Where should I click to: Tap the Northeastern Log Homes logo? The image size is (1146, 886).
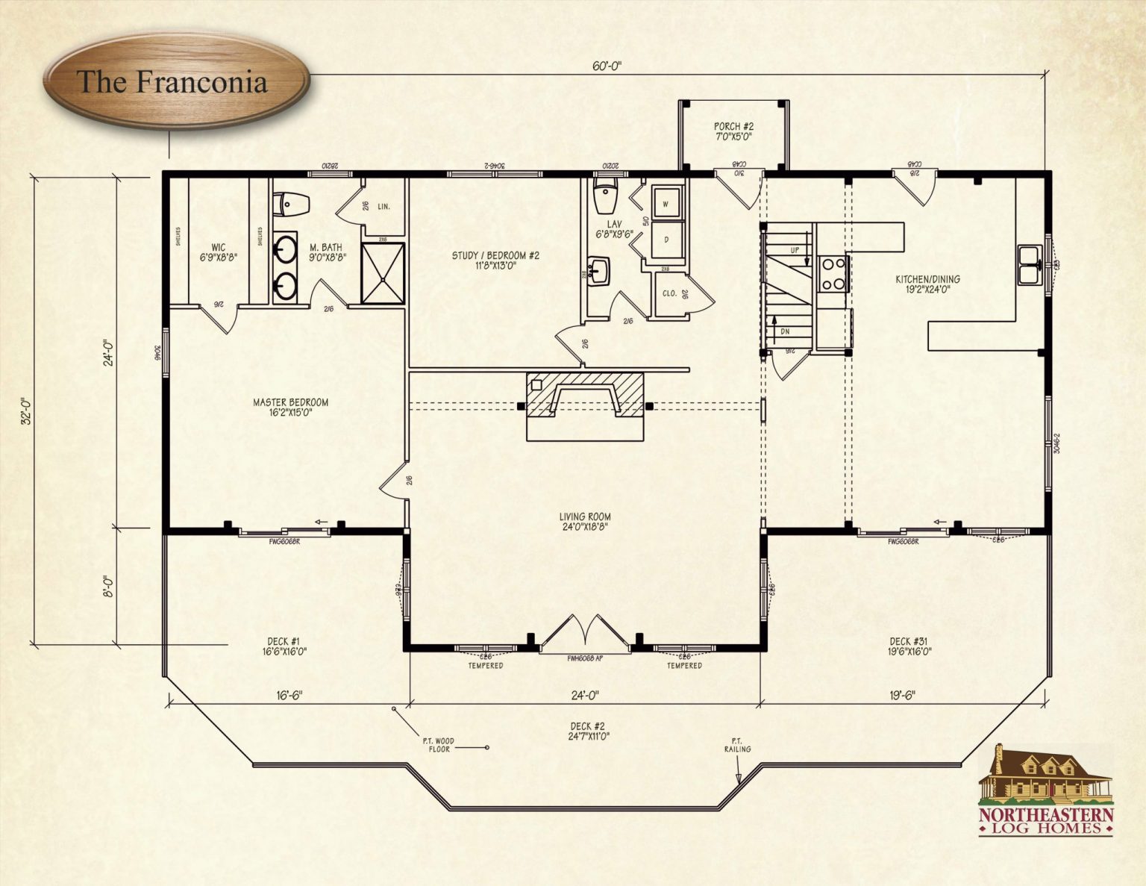[x=1046, y=791]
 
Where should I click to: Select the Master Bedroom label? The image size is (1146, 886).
[x=290, y=407]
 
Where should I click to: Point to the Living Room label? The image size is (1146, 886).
[x=585, y=521]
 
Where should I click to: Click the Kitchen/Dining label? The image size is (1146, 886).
[x=927, y=284]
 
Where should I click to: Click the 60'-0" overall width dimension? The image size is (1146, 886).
[x=607, y=66]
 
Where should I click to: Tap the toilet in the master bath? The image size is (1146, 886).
[x=291, y=204]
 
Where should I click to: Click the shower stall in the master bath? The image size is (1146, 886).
[x=383, y=273]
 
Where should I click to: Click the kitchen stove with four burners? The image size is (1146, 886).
[x=833, y=272]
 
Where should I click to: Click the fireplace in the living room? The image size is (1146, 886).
[x=584, y=405]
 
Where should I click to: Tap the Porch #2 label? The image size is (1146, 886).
[x=733, y=131]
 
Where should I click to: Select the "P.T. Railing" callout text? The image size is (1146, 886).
[x=736, y=745]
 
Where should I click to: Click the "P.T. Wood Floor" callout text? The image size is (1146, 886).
[x=439, y=745]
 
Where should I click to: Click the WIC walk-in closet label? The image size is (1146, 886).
[x=218, y=252]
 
